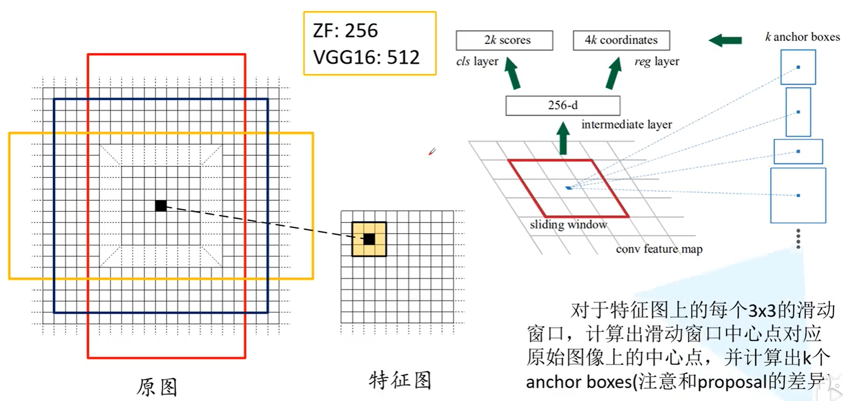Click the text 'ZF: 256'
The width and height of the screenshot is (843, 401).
(345, 31)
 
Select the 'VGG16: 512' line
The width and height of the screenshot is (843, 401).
(366, 57)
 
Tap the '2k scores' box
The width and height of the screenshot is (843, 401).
(504, 40)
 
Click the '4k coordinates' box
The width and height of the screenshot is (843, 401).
(621, 40)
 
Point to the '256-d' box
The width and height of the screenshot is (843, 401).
(562, 105)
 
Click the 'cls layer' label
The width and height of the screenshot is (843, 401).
(477, 61)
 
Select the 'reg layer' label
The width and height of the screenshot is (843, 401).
(657, 61)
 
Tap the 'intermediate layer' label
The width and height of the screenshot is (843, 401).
(626, 124)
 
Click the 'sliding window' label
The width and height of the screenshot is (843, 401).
(568, 225)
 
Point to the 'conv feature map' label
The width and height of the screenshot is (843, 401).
(659, 249)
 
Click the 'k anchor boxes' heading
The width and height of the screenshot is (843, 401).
(802, 37)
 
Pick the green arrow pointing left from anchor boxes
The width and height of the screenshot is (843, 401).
(725, 40)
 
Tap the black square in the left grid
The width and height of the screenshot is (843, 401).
(161, 206)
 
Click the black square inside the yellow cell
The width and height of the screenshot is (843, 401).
(369, 239)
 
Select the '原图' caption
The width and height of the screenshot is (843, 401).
(157, 387)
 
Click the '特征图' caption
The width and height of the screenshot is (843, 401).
(400, 380)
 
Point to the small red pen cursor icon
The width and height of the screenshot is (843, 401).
(432, 152)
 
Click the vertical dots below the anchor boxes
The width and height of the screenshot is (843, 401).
(798, 238)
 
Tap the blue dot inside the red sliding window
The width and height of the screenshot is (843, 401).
(569, 188)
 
